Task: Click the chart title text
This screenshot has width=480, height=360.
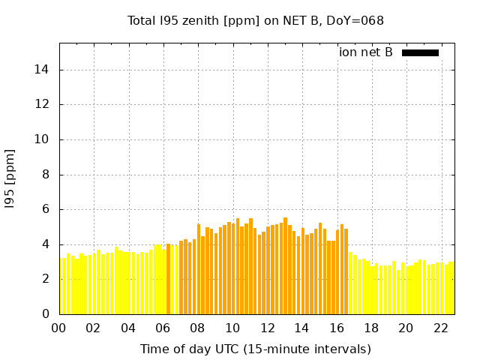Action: [x=256, y=21]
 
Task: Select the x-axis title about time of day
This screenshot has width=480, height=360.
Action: [x=256, y=349]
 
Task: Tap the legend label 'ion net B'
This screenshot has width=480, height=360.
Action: [x=365, y=52]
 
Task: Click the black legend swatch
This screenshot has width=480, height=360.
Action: [x=420, y=52]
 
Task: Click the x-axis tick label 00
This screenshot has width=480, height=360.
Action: [x=59, y=328]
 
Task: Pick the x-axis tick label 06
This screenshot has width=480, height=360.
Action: [x=163, y=328]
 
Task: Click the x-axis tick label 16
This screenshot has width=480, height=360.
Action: [x=337, y=328]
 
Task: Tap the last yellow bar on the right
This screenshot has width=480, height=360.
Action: [x=451, y=288]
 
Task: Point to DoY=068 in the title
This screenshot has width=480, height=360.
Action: [x=357, y=21]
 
